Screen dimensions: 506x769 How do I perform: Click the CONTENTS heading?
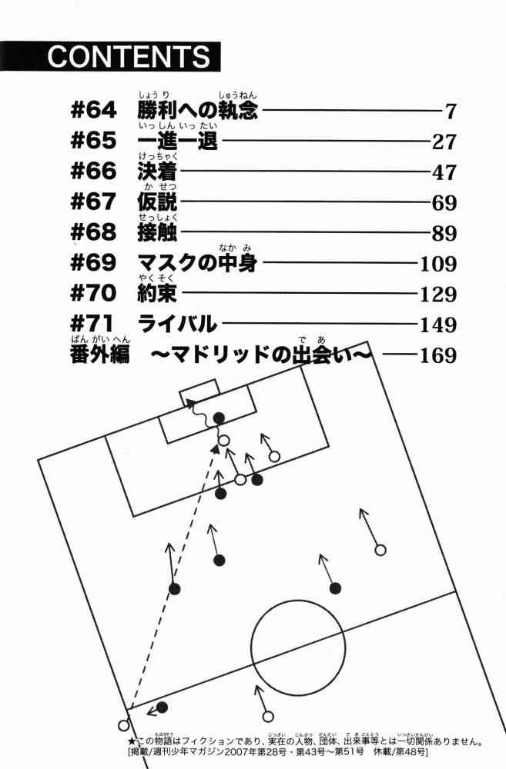(x=129, y=56)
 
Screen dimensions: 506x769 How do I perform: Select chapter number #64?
(x=93, y=110)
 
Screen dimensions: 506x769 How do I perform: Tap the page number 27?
(x=444, y=141)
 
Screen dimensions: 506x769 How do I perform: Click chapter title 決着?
(x=157, y=171)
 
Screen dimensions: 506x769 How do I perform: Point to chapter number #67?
(x=93, y=201)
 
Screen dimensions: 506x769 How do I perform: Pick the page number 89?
(x=444, y=234)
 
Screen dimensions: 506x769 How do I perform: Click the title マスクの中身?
(x=197, y=263)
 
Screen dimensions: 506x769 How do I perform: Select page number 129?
(x=438, y=295)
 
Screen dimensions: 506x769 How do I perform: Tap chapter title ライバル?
(x=177, y=324)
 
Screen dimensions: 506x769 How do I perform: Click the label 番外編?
(x=99, y=354)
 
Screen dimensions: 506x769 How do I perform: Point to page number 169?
(x=438, y=355)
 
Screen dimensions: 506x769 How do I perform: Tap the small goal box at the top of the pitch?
(x=199, y=392)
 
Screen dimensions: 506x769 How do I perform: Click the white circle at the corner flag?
(x=124, y=725)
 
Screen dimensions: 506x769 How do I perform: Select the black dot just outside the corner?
(x=162, y=707)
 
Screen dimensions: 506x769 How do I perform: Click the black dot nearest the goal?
(x=219, y=418)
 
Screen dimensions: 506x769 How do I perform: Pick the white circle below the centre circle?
(x=268, y=717)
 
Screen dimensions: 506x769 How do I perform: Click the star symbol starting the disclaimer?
(x=131, y=741)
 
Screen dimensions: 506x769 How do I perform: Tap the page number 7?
(x=451, y=112)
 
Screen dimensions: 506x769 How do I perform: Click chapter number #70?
(x=93, y=293)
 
